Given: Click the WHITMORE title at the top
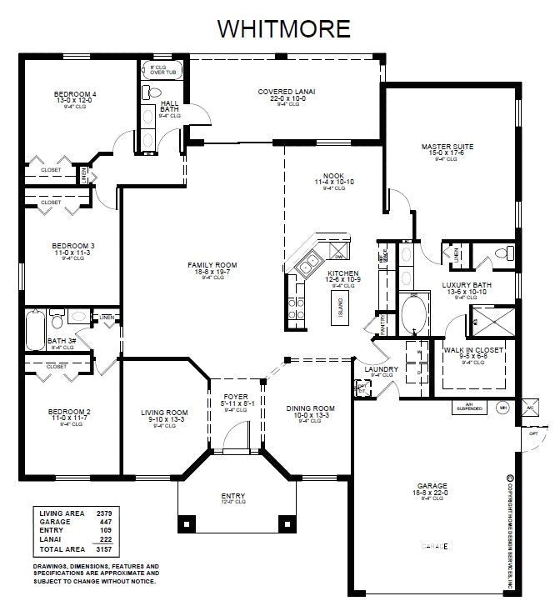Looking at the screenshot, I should point(283,28).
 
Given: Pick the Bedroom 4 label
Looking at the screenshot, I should point(75,95).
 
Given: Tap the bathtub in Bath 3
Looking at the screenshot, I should point(35,329).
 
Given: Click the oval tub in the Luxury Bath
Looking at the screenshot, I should point(412,314).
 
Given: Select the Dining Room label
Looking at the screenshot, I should point(309,408).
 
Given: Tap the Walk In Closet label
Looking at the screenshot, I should point(472,351).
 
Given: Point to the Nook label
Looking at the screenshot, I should point(334,175).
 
